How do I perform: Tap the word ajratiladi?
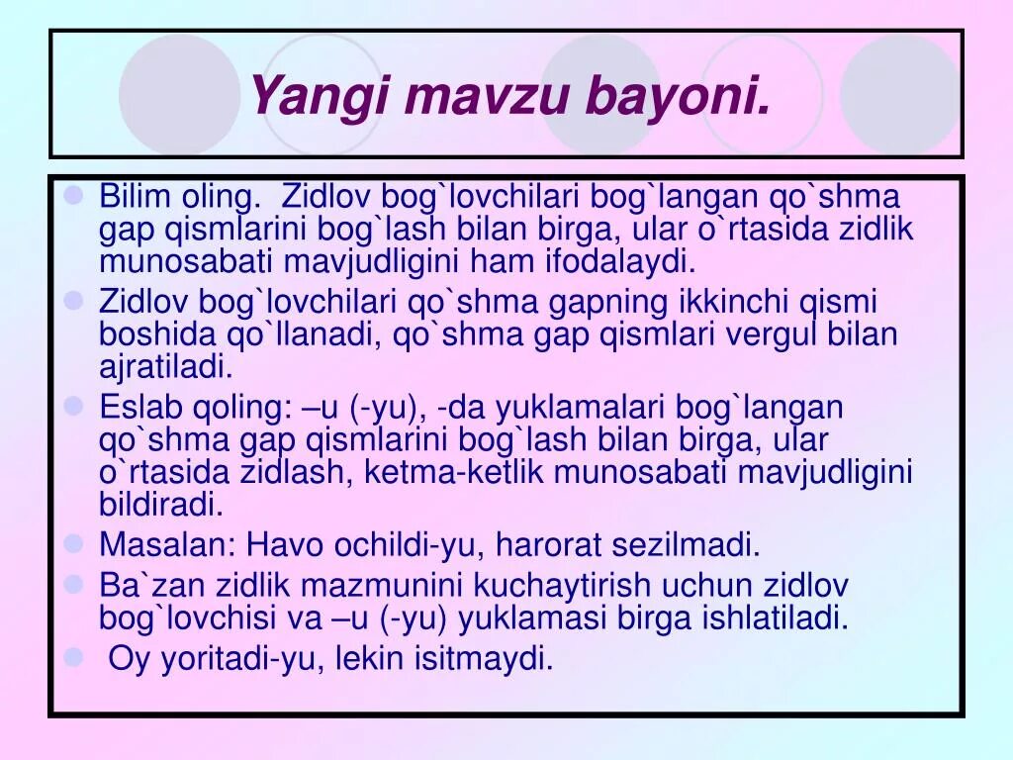click(165, 367)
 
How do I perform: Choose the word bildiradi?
click(161, 504)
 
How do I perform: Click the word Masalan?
click(167, 544)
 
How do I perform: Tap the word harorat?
click(556, 544)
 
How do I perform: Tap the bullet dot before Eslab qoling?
click(73, 406)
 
